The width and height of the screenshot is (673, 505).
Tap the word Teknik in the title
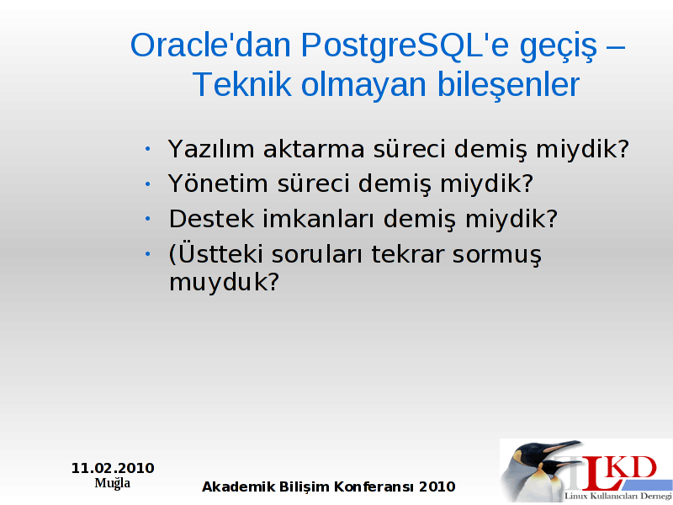242,84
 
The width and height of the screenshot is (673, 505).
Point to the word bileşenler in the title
508,85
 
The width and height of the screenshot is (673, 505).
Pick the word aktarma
314,149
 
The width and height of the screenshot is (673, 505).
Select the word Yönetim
218,183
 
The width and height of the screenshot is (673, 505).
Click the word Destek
211,219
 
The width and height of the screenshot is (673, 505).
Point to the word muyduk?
224,283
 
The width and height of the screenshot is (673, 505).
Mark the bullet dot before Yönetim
148,183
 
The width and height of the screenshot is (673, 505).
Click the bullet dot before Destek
148,219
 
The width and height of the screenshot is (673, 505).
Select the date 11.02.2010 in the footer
113,468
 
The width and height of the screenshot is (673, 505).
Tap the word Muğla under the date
113,483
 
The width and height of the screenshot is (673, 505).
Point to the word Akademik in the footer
239,486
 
